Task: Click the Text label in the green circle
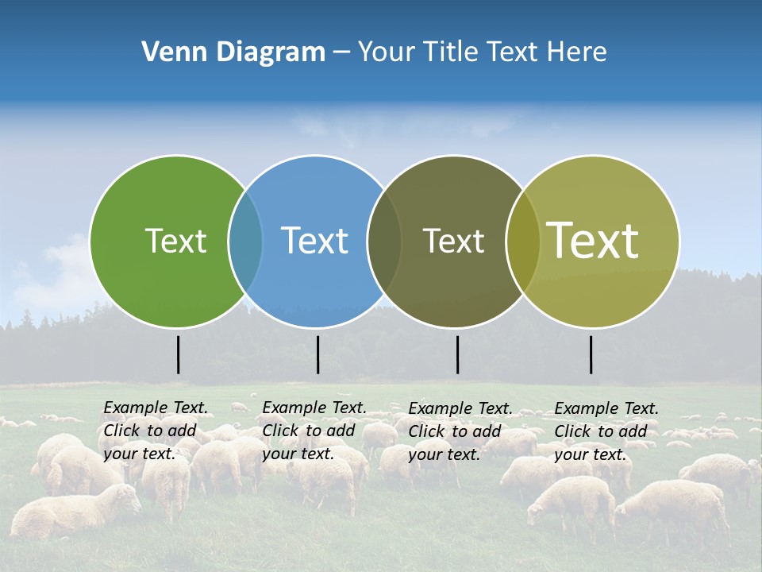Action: [x=175, y=241]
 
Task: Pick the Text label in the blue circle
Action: [x=314, y=241]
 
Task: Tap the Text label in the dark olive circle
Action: [x=453, y=241]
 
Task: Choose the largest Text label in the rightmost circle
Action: [x=592, y=241]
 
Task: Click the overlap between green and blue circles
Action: [x=245, y=241]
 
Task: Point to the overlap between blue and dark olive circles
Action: [x=384, y=241]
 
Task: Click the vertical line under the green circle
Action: [x=178, y=354]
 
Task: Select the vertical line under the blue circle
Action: [x=317, y=354]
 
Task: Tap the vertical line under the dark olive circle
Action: [x=457, y=354]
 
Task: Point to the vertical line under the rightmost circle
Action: [x=591, y=354]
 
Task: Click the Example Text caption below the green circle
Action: [x=155, y=431]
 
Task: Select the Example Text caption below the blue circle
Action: [x=314, y=431]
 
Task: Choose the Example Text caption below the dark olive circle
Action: [x=460, y=431]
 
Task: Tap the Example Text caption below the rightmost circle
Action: [x=606, y=431]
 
